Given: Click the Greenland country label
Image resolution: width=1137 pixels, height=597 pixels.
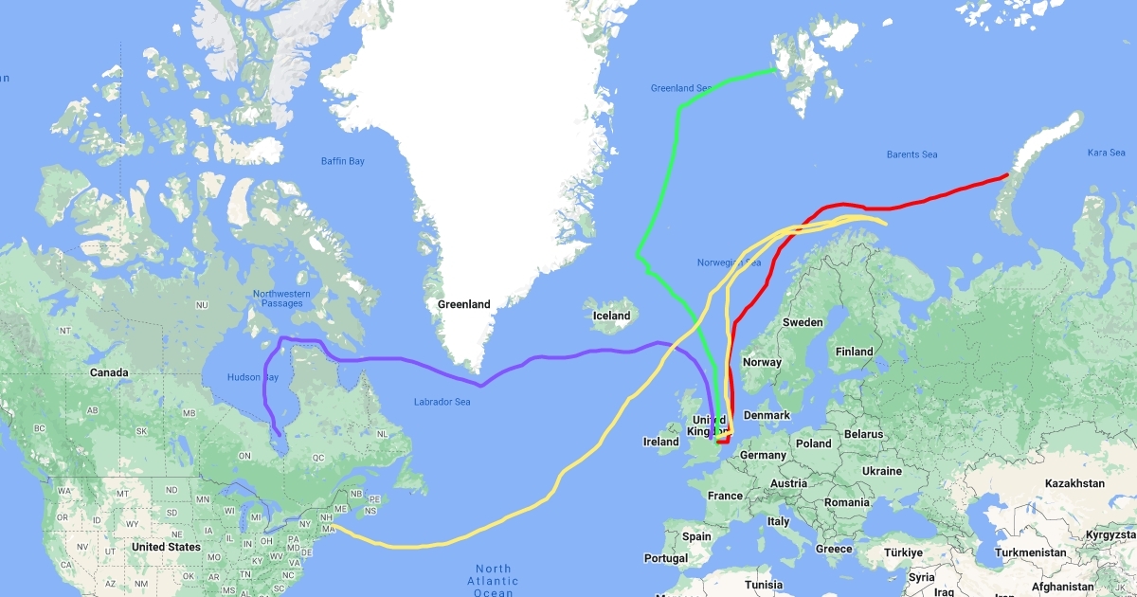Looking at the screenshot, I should pyautogui.click(x=463, y=304).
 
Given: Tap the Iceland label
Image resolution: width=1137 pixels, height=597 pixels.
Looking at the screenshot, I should pyautogui.click(x=611, y=316).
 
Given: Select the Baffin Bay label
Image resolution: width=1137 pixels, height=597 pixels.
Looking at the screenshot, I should pyautogui.click(x=342, y=161).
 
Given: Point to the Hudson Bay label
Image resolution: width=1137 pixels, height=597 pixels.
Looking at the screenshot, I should pyautogui.click(x=252, y=377).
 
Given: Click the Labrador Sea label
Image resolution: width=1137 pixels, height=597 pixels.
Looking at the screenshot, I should pyautogui.click(x=442, y=402).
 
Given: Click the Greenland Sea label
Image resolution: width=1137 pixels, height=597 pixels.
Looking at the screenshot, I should pyautogui.click(x=680, y=88).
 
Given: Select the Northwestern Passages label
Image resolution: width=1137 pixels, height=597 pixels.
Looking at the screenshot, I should pyautogui.click(x=281, y=299).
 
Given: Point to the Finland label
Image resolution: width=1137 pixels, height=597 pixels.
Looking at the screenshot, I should pyautogui.click(x=854, y=352).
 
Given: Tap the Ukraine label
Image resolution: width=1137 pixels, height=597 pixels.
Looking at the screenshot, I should pyautogui.click(x=881, y=471).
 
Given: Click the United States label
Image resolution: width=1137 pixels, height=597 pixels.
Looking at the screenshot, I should pyautogui.click(x=166, y=547).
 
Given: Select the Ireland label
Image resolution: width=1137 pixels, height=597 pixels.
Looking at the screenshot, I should pyautogui.click(x=660, y=442).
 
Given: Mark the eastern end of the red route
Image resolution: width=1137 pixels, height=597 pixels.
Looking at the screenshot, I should pyautogui.click(x=1006, y=174).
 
